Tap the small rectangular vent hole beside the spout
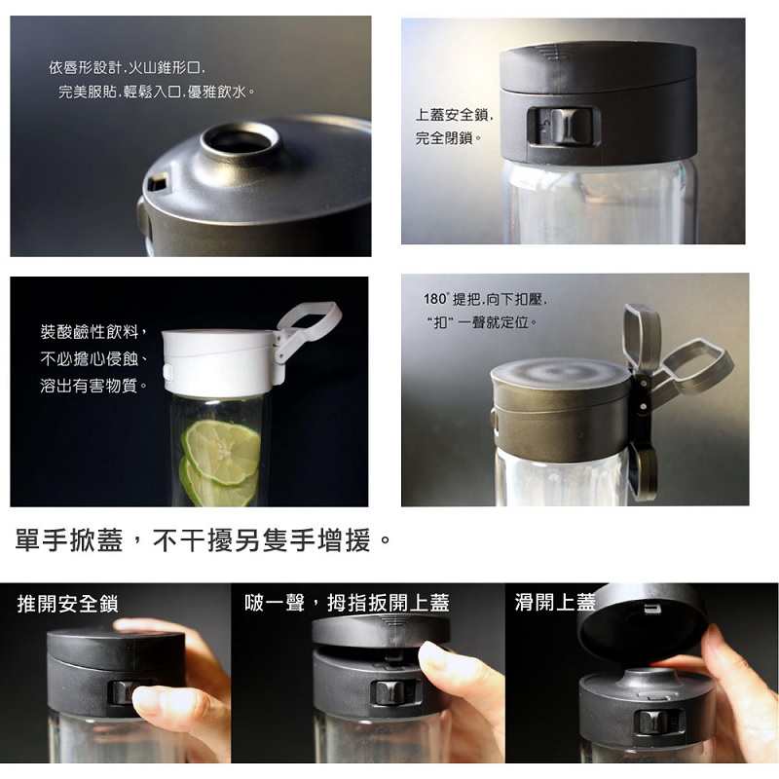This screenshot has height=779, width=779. tap(158, 183)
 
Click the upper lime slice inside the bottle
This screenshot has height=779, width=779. tap(222, 452)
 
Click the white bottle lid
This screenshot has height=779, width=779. tap(218, 362)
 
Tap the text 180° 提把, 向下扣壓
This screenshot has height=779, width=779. tap(485, 299)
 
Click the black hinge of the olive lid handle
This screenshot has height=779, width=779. tap(643, 397)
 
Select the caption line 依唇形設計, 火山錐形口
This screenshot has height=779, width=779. tap(127, 67)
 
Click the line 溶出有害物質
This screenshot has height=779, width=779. tap(93, 385)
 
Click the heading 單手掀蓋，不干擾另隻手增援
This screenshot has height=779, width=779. tap(204, 540)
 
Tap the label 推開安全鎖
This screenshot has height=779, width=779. tap(67, 604)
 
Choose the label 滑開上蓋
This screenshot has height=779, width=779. tap(555, 602)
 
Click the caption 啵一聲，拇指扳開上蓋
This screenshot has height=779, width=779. tap(347, 603)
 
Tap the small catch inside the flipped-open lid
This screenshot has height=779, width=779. tap(651, 609)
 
